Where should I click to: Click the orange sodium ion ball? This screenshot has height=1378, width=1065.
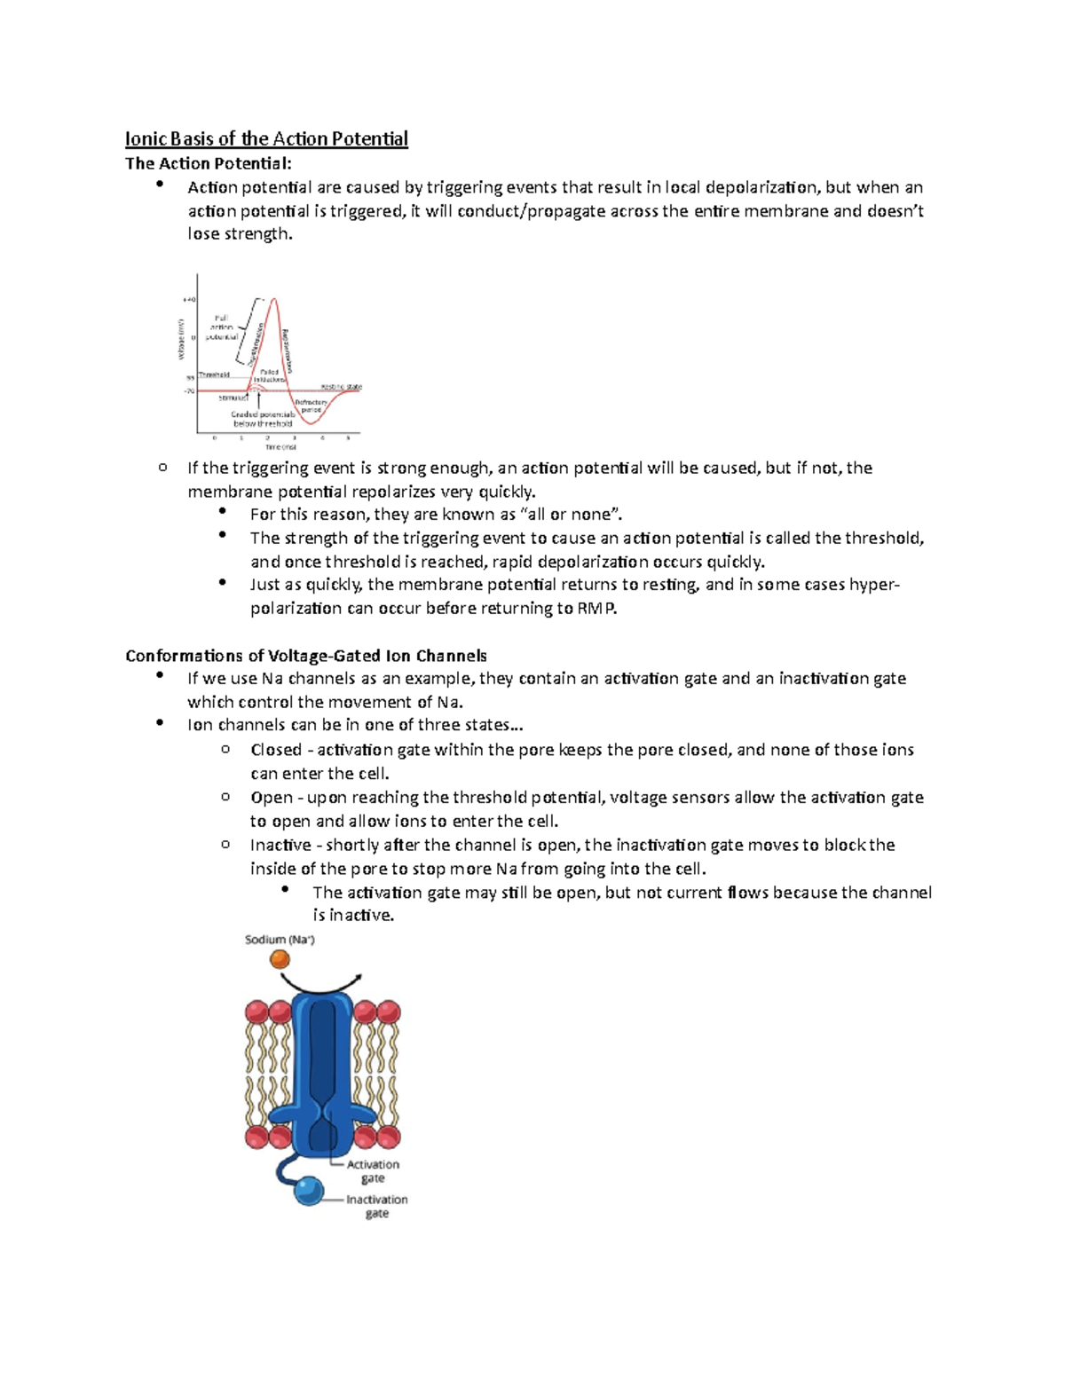[280, 959]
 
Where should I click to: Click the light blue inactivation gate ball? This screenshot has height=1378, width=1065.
[309, 1191]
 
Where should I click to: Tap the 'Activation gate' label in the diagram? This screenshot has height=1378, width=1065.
[373, 1171]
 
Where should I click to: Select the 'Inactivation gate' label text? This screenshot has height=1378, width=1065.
[376, 1206]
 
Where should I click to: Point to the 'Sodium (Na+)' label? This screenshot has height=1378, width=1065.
[280, 940]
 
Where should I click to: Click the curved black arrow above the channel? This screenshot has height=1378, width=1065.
[320, 984]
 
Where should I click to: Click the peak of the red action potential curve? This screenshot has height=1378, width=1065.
[275, 300]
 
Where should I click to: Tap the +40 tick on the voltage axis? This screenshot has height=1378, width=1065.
[189, 301]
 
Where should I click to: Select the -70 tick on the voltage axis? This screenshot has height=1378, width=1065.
[189, 390]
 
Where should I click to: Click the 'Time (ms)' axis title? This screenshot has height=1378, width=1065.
[280, 447]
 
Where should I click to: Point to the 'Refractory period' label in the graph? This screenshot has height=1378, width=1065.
[312, 406]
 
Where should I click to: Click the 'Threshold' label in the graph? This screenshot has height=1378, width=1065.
[214, 374]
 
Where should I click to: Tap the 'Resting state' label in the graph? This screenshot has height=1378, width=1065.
[341, 387]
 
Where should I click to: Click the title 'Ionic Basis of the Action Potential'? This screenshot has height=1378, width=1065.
[266, 138]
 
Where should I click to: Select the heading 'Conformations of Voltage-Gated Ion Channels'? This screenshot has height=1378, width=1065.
[305, 656]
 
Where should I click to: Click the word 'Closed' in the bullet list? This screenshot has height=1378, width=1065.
[275, 750]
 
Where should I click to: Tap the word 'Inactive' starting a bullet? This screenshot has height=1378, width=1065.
[280, 845]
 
